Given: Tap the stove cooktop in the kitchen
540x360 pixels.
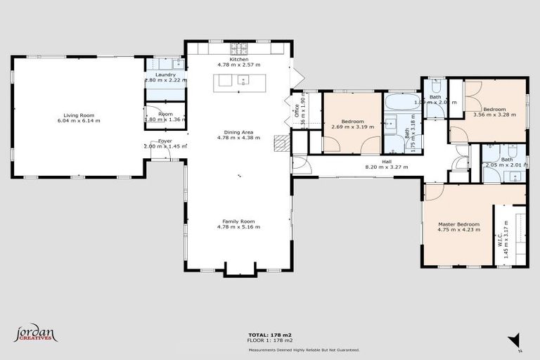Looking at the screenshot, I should click(x=238, y=49).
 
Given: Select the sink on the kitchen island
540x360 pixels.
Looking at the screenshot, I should click(x=243, y=80).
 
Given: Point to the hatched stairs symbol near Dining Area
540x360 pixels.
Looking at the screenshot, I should click(x=281, y=143).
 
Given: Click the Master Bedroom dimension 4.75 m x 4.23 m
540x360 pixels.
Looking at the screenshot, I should click(x=458, y=230).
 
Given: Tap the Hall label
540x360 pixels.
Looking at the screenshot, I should click(x=387, y=162).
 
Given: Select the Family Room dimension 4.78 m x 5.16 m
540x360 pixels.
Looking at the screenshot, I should click(x=238, y=227).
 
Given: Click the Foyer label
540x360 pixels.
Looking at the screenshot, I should click(x=165, y=141).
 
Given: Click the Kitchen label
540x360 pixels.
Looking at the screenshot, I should click(x=238, y=59).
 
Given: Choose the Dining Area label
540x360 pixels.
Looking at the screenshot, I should click(x=238, y=131).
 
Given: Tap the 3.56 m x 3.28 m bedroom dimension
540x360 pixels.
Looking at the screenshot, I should click(x=494, y=115).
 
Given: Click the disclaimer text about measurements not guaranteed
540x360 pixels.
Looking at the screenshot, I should click(x=303, y=349).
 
